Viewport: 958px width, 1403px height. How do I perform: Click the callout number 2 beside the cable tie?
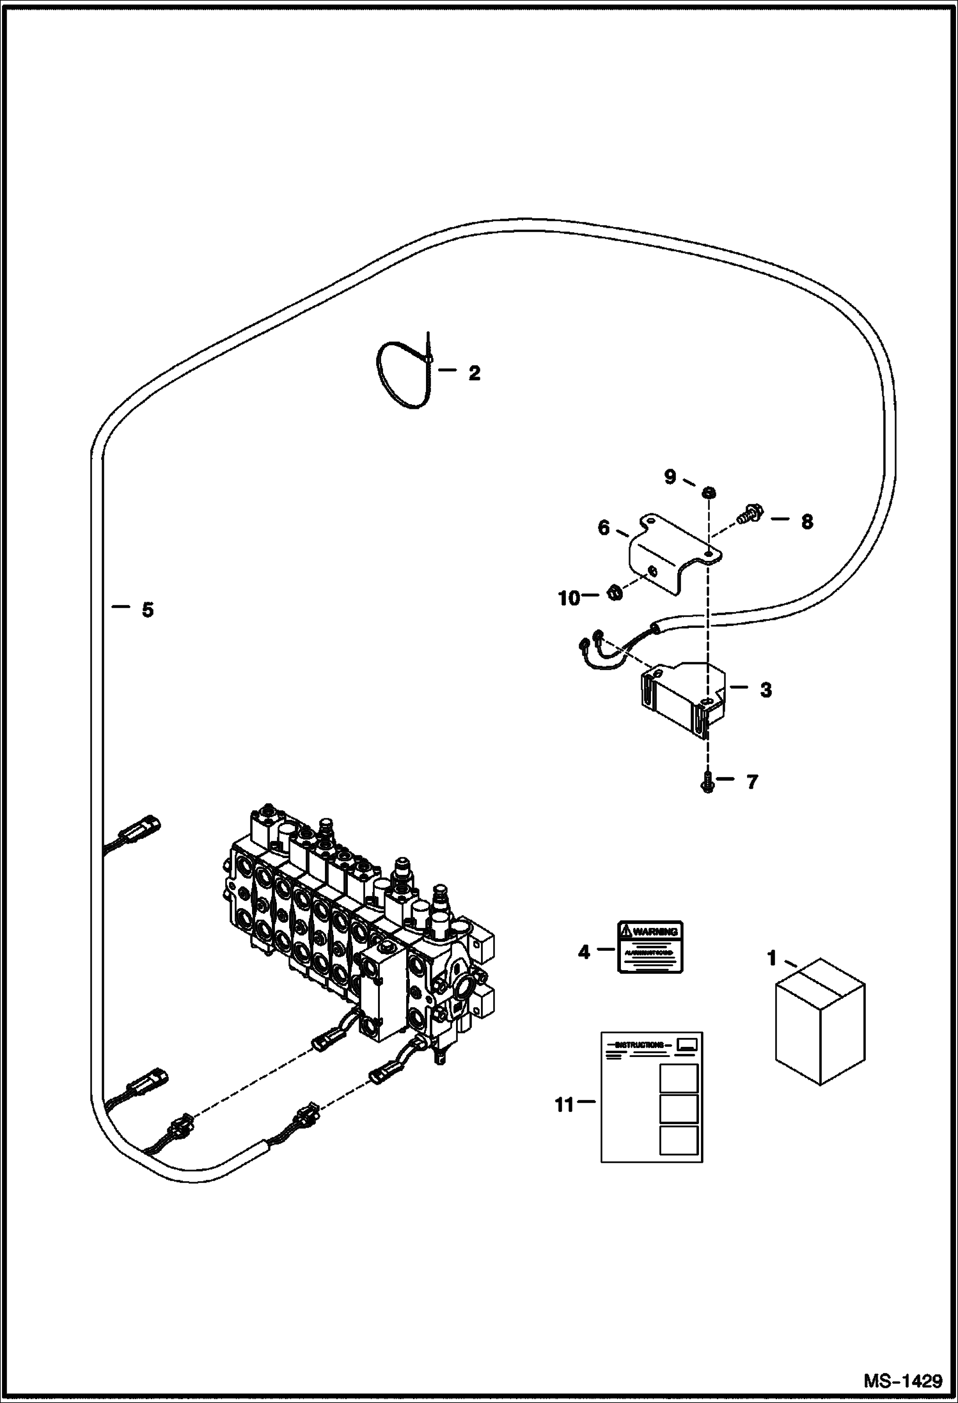[x=474, y=373]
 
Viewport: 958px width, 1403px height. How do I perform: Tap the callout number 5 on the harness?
[x=148, y=610]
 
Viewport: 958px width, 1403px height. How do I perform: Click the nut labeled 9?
[x=708, y=492]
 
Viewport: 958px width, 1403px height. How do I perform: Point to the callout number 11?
[x=564, y=1105]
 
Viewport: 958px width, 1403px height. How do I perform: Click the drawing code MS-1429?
[x=902, y=1381]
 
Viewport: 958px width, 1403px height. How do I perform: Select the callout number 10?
[x=568, y=599]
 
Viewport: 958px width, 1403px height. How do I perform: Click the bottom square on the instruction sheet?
[x=678, y=1140]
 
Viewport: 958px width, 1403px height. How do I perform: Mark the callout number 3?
[x=766, y=691]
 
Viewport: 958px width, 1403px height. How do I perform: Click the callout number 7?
[x=751, y=781]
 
